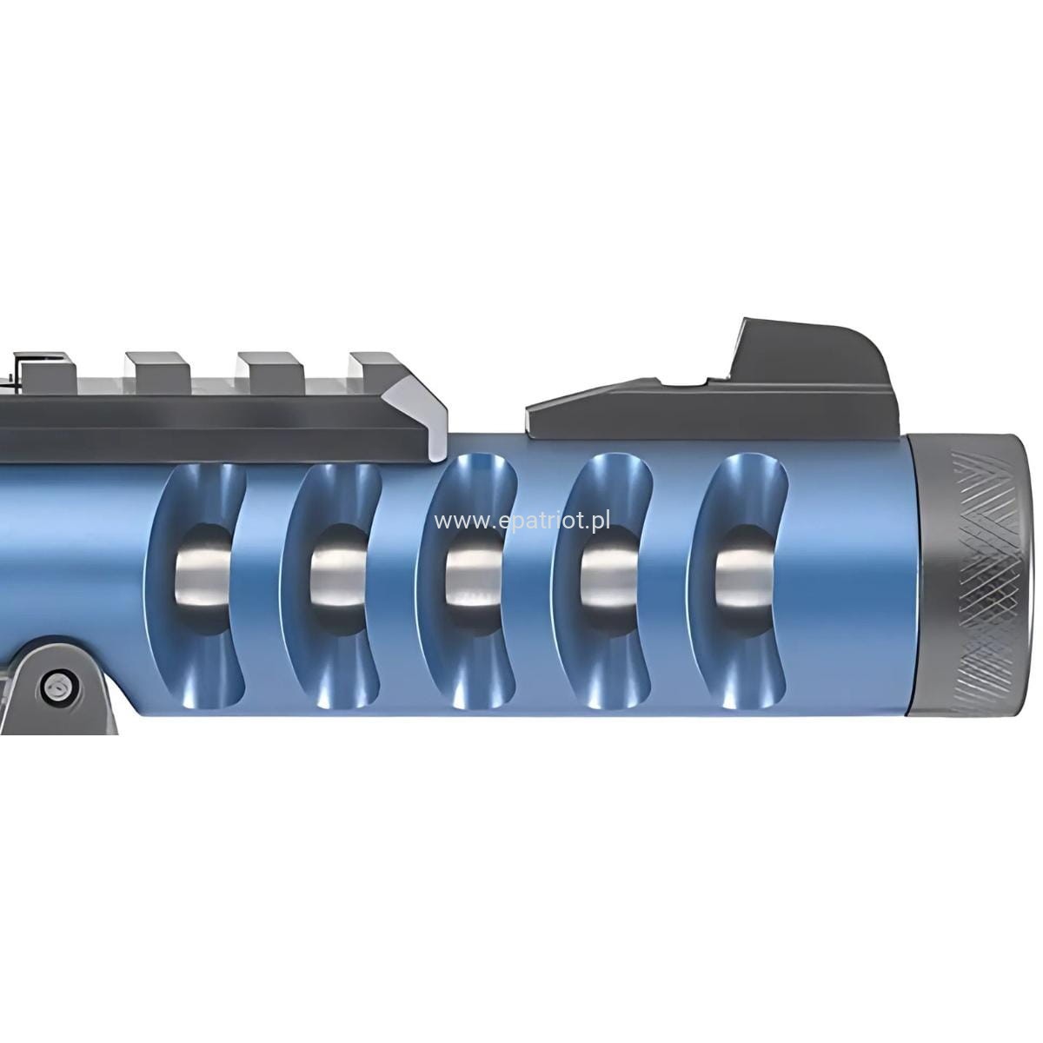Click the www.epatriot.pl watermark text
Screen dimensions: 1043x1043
point(521,521)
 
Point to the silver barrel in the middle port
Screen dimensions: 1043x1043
point(473,578)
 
